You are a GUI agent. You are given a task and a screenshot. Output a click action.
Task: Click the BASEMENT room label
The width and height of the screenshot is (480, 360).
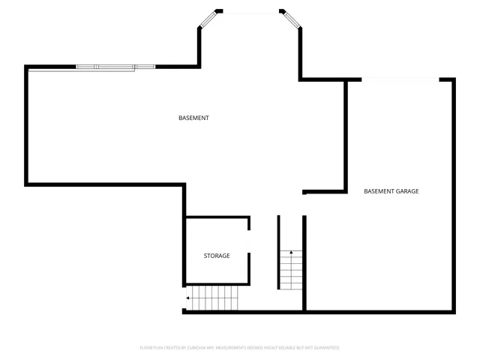click(193, 118)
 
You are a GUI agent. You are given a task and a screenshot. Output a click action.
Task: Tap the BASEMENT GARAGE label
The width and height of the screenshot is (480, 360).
click(391, 191)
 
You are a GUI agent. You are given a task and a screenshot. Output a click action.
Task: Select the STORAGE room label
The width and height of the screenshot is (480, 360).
click(217, 256)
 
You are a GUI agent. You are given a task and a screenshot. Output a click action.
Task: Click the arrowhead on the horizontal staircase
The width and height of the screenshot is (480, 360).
click(187, 298)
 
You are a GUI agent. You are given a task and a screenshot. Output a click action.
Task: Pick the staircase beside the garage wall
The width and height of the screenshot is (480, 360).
click(291, 270)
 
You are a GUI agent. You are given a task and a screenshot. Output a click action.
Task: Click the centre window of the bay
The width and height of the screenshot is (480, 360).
click(250, 11)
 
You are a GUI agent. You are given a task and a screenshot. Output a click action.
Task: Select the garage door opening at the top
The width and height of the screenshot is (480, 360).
click(400, 79)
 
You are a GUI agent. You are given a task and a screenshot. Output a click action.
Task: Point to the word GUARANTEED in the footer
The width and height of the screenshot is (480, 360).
click(324, 348)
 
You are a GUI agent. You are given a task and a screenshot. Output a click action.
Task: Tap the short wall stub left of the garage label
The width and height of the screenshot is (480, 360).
click(304, 193)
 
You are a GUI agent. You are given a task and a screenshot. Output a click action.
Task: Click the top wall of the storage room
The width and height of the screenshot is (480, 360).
click(217, 217)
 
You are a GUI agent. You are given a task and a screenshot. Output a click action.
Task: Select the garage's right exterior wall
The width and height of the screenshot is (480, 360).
click(453, 195)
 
